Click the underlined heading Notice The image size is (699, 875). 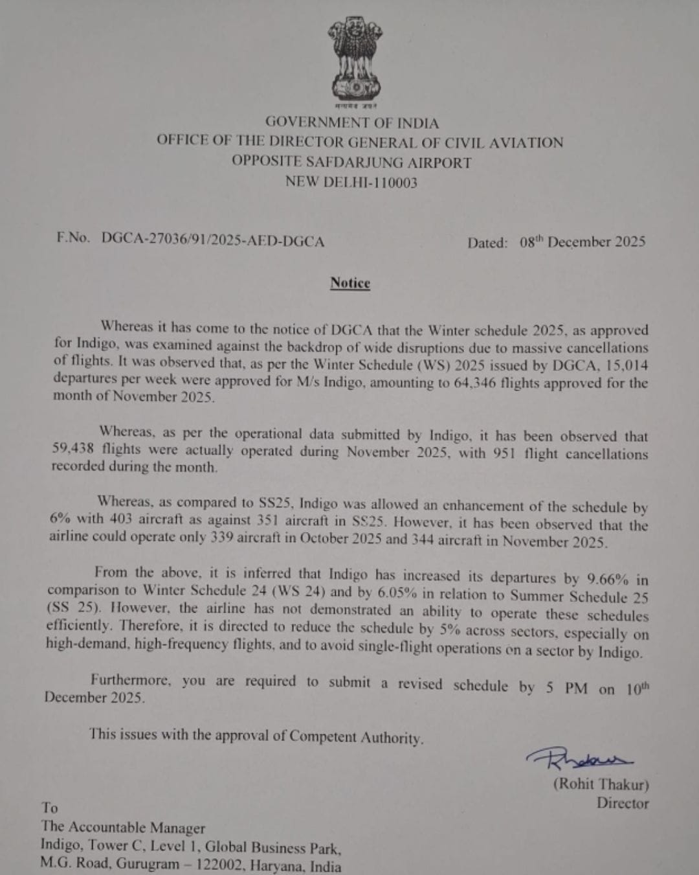tap(350, 283)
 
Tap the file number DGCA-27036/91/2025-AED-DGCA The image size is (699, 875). tap(213, 240)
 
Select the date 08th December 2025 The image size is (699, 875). tap(582, 242)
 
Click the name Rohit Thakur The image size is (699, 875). tap(601, 784)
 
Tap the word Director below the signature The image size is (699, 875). tap(622, 804)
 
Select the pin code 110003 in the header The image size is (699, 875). tap(392, 183)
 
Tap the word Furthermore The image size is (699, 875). tap(131, 681)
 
